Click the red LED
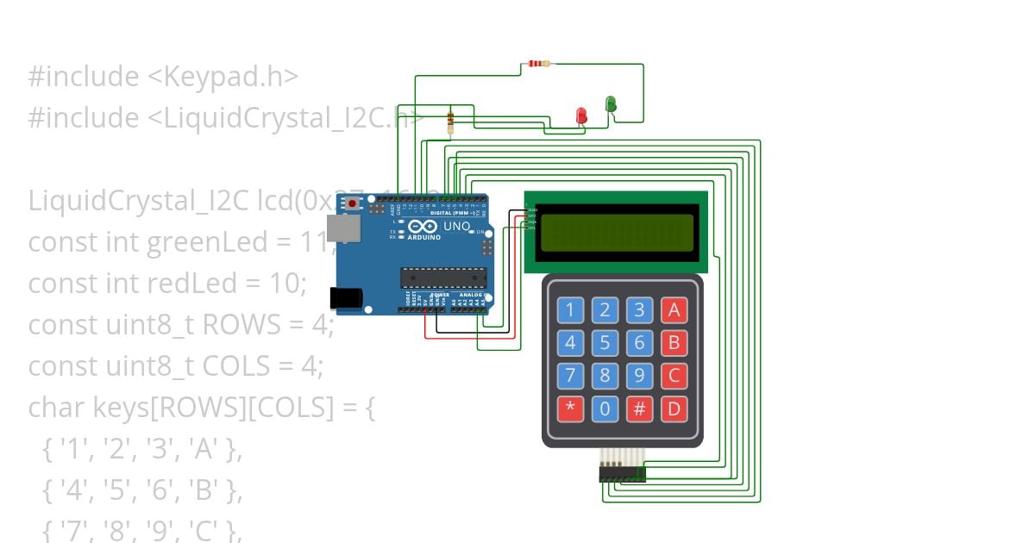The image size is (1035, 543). pyautogui.click(x=581, y=115)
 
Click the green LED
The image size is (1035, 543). pyautogui.click(x=611, y=104)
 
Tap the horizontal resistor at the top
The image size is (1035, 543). pyautogui.click(x=539, y=64)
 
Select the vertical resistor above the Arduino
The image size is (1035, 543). pyautogui.click(x=450, y=122)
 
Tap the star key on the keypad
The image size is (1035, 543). pyautogui.click(x=569, y=409)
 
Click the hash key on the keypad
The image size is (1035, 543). pyautogui.click(x=639, y=409)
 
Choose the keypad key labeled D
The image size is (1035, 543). pyautogui.click(x=674, y=409)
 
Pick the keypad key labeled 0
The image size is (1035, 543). pyautogui.click(x=605, y=409)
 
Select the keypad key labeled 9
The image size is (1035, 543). pyautogui.click(x=639, y=376)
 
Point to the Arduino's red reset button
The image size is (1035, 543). pyautogui.click(x=353, y=203)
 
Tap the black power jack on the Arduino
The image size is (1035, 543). pyautogui.click(x=346, y=297)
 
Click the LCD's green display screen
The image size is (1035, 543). pyautogui.click(x=616, y=230)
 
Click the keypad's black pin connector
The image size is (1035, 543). pyautogui.click(x=622, y=475)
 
